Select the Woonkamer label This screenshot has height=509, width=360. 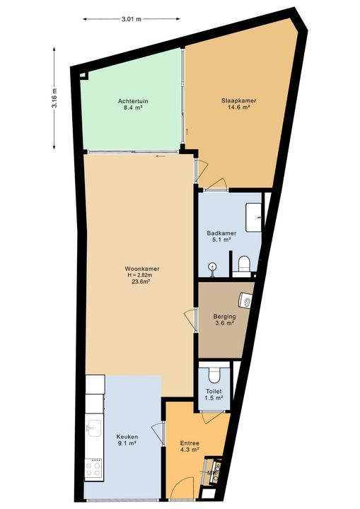pyautogui.click(x=141, y=269)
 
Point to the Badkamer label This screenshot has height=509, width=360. pyautogui.click(x=221, y=233)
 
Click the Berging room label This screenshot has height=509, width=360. pyautogui.click(x=224, y=317)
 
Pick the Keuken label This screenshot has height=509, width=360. pyautogui.click(x=127, y=438)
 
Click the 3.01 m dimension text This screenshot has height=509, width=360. pyautogui.click(x=131, y=19)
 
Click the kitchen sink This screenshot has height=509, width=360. pyautogui.click(x=93, y=427)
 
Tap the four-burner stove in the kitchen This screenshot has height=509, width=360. pyautogui.click(x=93, y=467)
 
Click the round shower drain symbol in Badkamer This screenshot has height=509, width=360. pyautogui.click(x=211, y=266)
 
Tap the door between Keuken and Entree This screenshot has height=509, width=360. pyautogui.click(x=158, y=431)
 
